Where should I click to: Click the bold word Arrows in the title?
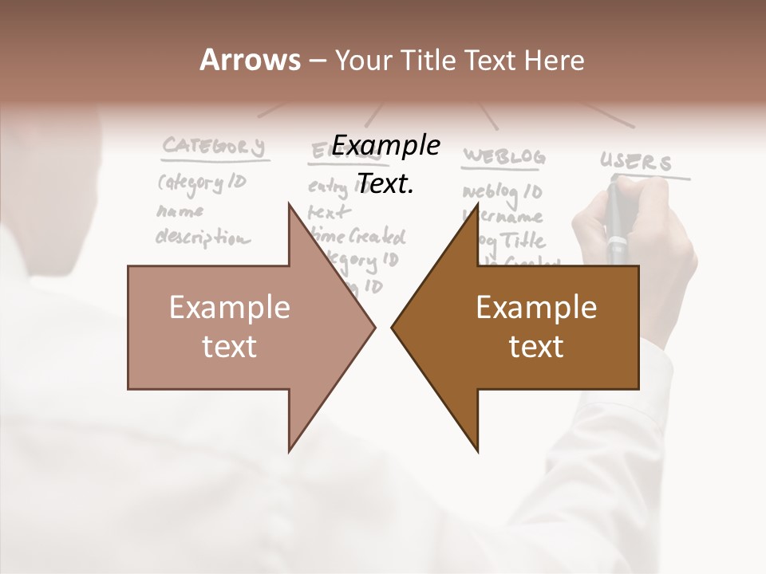tap(251, 60)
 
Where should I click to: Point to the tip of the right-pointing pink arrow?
tap(375, 327)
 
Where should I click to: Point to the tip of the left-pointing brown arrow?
tap(392, 327)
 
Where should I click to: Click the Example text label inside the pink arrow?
tap(230, 326)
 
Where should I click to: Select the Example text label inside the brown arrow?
tap(536, 326)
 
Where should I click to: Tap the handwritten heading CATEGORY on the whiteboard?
tap(213, 147)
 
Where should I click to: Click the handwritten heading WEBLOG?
tap(505, 155)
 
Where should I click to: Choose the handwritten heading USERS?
tap(636, 163)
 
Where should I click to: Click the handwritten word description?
tap(202, 238)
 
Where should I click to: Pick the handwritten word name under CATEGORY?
tap(180, 211)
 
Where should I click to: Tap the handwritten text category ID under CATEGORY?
tap(203, 183)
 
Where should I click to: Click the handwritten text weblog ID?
tap(503, 192)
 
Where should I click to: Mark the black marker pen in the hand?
tap(617, 223)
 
